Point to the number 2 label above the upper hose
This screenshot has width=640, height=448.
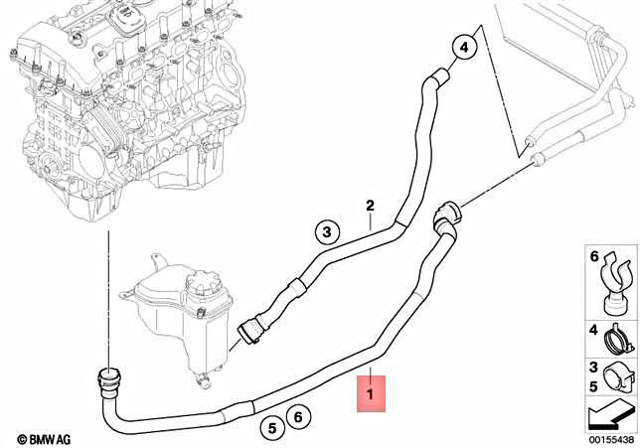coord(370,206)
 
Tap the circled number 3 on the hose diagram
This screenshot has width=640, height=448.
coord(325,232)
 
